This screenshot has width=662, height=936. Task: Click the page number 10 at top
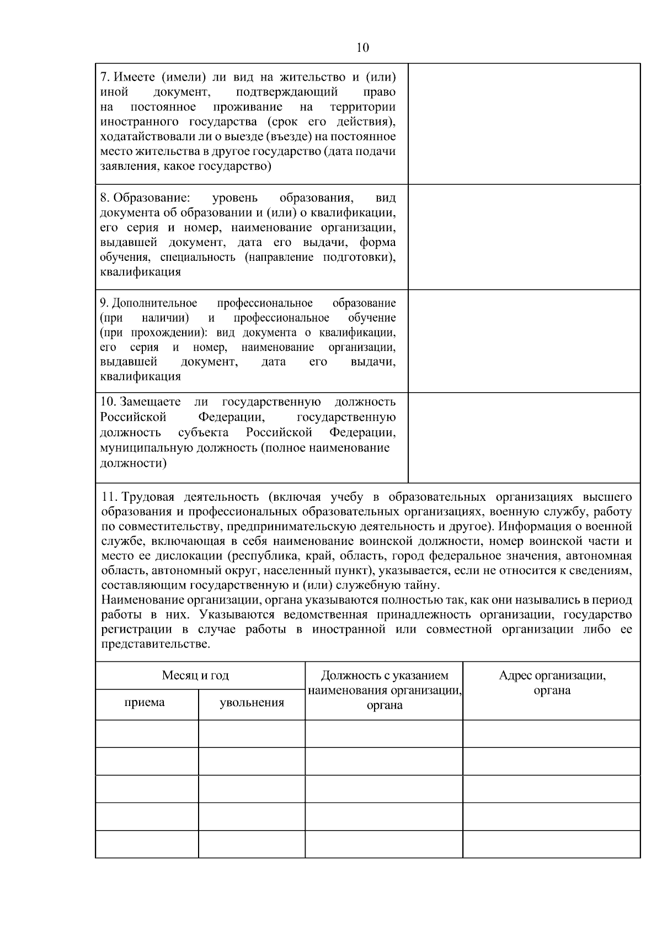pyautogui.click(x=362, y=48)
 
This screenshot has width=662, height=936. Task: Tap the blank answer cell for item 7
pyautogui.click(x=524, y=124)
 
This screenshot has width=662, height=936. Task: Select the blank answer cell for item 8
pyautogui.click(x=524, y=237)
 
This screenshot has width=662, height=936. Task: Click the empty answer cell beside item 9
pyautogui.click(x=524, y=341)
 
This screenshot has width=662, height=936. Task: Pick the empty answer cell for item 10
pyautogui.click(x=524, y=437)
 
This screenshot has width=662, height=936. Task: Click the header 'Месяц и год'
pyautogui.click(x=195, y=676)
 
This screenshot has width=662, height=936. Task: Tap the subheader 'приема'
pyautogui.click(x=145, y=703)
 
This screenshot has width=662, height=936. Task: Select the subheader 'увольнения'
pyautogui.click(x=252, y=703)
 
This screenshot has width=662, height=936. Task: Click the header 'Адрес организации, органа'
pyautogui.click(x=552, y=683)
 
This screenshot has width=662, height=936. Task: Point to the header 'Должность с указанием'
pyautogui.click(x=385, y=676)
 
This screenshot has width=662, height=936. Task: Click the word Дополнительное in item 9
pyautogui.click(x=155, y=303)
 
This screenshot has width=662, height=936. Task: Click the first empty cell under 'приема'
pyautogui.click(x=147, y=734)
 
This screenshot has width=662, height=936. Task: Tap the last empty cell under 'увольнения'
pyautogui.click(x=252, y=844)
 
